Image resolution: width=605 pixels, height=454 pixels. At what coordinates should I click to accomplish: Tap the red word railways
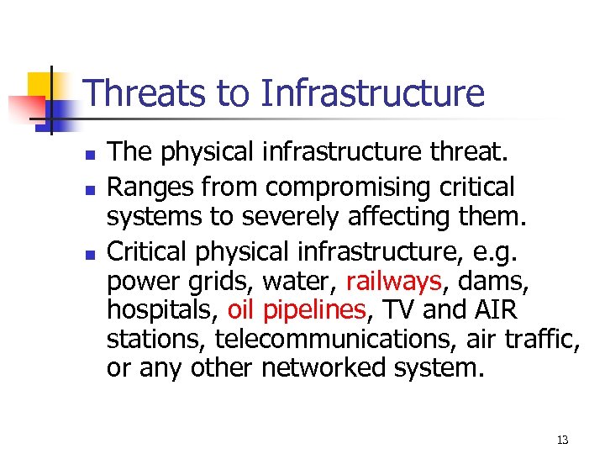pyautogui.click(x=393, y=280)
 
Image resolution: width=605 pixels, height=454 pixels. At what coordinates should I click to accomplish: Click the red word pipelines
pyautogui.click(x=315, y=310)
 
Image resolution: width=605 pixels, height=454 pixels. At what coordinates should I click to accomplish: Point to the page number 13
pyautogui.click(x=562, y=440)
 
